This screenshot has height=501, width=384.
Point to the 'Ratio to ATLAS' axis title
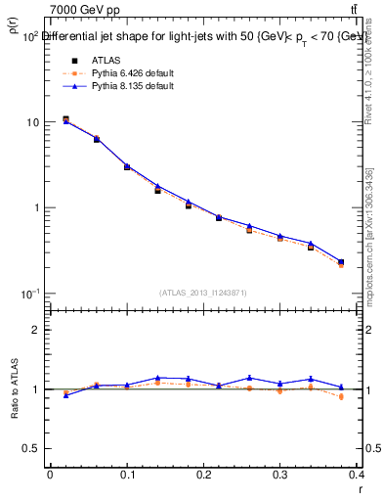tap(15, 389)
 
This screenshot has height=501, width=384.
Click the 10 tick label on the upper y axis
tap(32, 122)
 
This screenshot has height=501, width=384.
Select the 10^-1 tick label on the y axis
tap(30, 294)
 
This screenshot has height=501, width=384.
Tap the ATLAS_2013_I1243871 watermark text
tap(202, 293)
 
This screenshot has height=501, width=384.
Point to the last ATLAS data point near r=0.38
tap(341, 262)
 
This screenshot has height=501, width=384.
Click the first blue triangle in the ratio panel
tap(65, 395)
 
